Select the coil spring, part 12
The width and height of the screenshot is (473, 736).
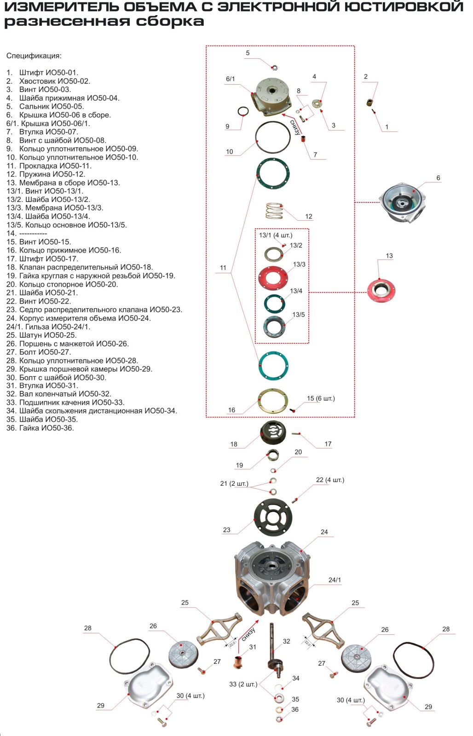coord(274,211)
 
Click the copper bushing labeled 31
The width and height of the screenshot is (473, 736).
coord(239,662)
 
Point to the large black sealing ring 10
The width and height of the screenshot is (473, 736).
coord(256,138)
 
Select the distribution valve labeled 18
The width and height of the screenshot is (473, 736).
coord(273,433)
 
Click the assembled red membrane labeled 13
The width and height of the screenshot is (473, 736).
coord(381,290)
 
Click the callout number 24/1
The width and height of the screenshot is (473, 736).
coord(335,580)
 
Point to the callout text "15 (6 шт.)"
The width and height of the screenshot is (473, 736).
coord(321,398)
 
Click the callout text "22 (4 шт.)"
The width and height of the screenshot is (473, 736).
coord(330,480)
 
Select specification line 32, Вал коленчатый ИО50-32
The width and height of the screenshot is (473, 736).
coord(59,394)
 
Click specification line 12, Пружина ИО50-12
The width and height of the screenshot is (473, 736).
coord(46,174)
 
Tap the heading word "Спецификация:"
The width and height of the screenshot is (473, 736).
coord(34,56)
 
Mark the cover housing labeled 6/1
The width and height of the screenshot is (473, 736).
coord(271,96)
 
